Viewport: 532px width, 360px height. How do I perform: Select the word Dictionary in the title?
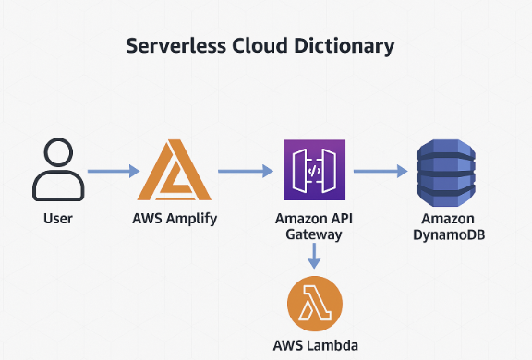[x=346, y=46]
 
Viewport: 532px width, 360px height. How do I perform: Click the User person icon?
[x=58, y=171]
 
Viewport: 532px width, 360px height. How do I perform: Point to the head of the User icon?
[x=58, y=155]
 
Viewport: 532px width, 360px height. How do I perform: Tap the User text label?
[x=58, y=220]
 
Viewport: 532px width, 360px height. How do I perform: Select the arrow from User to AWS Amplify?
[x=113, y=171]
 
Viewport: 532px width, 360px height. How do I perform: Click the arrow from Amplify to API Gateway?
[x=246, y=171]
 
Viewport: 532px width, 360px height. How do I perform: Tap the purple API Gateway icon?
[x=314, y=171]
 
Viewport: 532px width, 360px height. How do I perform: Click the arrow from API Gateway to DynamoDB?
[x=380, y=171]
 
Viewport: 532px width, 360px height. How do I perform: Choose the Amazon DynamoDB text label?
[x=447, y=227]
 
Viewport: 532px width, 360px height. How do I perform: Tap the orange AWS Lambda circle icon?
[x=314, y=303]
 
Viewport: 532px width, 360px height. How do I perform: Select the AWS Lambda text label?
[x=314, y=346]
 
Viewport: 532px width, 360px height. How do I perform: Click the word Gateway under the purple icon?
[x=314, y=234]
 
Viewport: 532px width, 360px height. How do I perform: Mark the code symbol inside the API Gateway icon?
[x=314, y=172]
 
